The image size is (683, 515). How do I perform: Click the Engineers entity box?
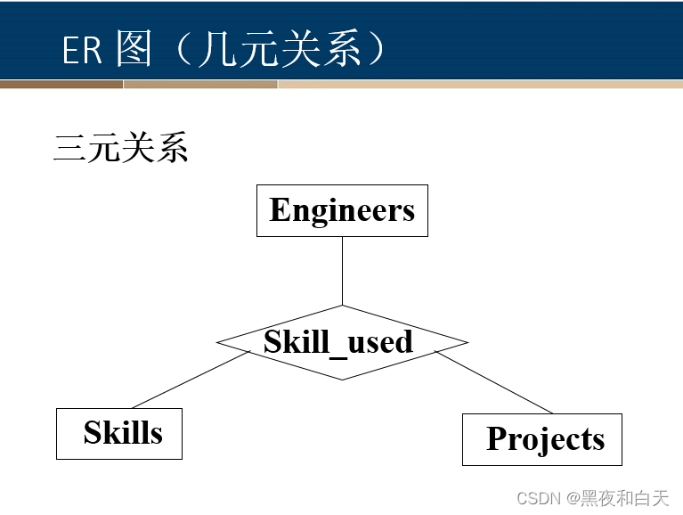tap(342, 210)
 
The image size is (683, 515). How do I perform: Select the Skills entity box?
tap(119, 434)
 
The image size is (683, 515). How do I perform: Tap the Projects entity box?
tap(542, 439)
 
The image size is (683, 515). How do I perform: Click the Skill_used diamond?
tap(342, 343)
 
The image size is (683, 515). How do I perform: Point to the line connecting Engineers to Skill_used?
tap(343, 271)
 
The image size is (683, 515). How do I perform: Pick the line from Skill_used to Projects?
tap(494, 382)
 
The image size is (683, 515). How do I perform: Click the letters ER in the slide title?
tap(82, 51)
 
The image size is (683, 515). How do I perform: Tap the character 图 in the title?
tap(134, 50)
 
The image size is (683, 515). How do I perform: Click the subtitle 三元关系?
tap(120, 148)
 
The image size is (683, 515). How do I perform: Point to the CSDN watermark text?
tap(536, 498)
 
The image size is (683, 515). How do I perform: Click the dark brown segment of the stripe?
tap(61, 85)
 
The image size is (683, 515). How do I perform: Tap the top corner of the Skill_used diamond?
tap(343, 306)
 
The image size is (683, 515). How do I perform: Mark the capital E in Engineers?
tap(280, 210)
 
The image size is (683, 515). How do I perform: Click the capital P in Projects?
tap(497, 439)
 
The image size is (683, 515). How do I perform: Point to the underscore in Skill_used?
tap(338, 354)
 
